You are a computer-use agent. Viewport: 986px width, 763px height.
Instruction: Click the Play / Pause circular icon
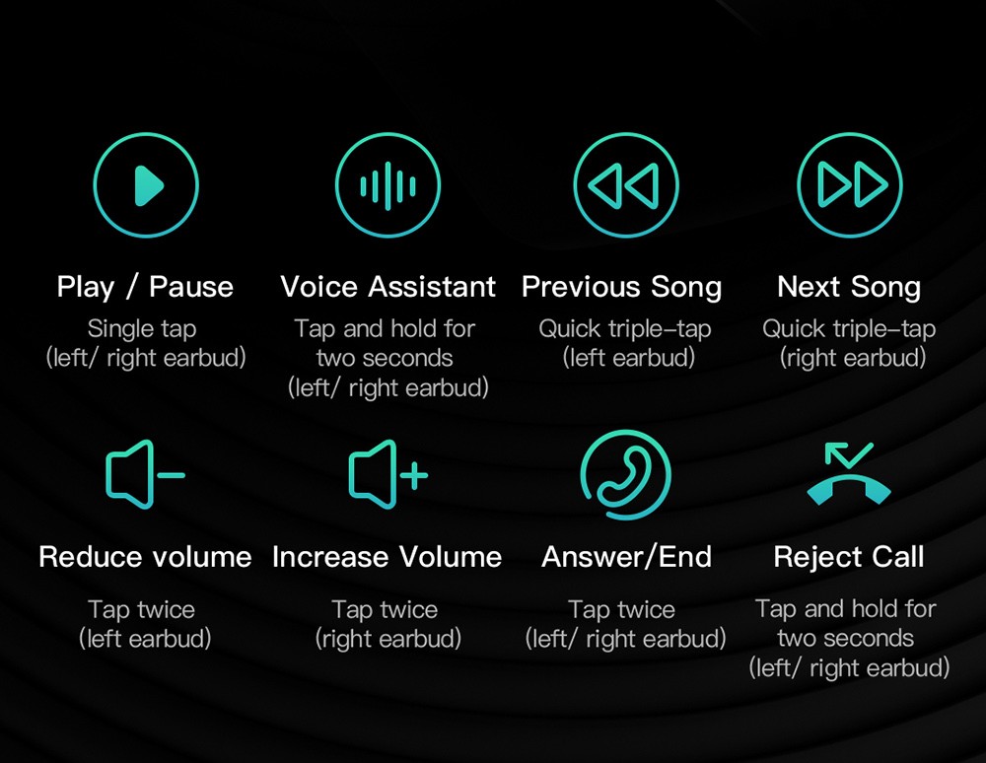tap(146, 184)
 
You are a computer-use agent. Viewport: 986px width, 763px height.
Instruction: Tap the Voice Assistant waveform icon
tap(387, 184)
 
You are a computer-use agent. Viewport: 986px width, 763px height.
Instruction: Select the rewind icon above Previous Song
tap(626, 184)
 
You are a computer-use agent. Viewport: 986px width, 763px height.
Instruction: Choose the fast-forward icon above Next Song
tap(850, 184)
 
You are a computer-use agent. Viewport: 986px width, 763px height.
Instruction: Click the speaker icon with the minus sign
tap(145, 474)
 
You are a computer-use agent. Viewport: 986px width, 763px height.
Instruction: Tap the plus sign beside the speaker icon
tap(414, 474)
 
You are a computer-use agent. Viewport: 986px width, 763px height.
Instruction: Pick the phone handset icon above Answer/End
tap(626, 475)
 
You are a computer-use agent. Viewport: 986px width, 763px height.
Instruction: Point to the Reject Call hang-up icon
tap(849, 474)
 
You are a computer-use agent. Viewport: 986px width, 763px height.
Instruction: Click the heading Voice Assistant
tap(387, 287)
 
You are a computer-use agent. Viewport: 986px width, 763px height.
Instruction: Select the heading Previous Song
tap(622, 288)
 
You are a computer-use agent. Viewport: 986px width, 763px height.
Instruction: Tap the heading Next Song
tap(849, 288)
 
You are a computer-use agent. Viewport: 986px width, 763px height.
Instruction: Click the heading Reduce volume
tap(145, 557)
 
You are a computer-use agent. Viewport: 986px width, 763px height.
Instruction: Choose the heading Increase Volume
tap(387, 557)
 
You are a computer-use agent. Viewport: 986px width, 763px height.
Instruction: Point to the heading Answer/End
tap(627, 557)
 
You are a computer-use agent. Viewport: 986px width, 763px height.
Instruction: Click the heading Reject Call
tap(849, 558)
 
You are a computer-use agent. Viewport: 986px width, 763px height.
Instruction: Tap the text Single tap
tap(142, 329)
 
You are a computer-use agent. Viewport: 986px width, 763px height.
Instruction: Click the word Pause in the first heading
tap(191, 287)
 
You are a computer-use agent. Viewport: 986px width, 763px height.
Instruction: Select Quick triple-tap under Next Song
tap(850, 329)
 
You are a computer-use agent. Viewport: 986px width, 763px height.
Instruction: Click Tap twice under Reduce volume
tap(141, 609)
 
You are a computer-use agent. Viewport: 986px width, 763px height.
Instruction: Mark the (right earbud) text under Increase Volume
tap(387, 639)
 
